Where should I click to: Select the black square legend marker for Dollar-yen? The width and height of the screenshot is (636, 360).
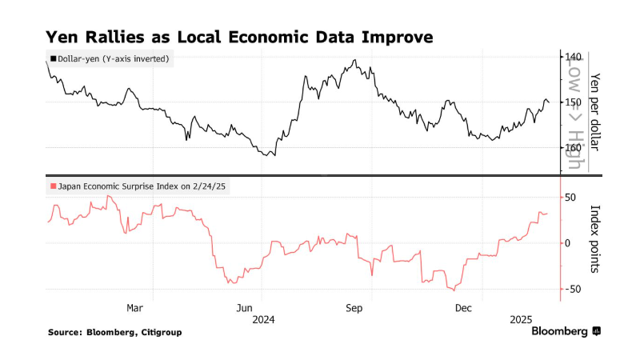tap(53, 58)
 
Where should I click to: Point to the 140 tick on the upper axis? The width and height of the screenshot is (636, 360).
tap(573, 57)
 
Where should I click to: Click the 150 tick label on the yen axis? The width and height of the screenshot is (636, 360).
tap(573, 102)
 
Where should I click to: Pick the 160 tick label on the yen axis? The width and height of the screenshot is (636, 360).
tap(573, 147)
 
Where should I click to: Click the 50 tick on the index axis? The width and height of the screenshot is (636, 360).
tap(570, 197)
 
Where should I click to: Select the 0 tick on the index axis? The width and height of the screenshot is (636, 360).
tap(567, 243)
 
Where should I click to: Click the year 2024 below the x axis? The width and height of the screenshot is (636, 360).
tap(263, 320)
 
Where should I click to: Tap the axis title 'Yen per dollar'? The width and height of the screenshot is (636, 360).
tap(594, 112)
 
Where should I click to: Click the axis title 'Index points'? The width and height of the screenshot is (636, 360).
tap(594, 242)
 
